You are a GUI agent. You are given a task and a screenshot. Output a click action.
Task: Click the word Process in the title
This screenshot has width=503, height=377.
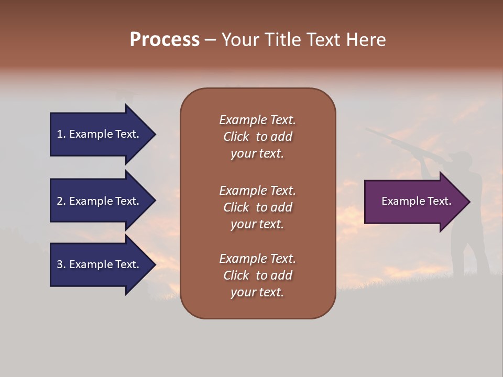coord(165,40)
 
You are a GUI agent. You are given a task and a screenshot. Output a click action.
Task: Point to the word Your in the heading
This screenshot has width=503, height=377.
coord(241,40)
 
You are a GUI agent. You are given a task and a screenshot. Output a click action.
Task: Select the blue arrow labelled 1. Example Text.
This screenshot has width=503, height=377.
coord(100,134)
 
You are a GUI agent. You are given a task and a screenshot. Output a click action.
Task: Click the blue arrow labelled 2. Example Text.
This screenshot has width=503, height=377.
coord(100,201)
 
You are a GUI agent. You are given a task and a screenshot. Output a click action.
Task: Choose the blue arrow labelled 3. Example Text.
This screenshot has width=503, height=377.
coord(100,264)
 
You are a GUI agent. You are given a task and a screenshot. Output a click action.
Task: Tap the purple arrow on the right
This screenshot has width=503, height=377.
coord(414,202)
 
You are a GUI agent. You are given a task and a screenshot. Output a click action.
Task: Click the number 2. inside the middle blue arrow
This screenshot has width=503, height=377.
coord(61,201)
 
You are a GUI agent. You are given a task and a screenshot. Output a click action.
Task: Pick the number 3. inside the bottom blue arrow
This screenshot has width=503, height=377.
coord(61,264)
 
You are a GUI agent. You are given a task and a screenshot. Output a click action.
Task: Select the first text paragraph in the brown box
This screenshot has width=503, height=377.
coord(257,137)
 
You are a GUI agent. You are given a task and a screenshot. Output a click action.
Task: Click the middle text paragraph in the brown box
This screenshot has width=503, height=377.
coord(257,207)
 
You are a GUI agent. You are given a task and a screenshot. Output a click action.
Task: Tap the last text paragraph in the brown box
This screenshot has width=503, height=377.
coord(257,275)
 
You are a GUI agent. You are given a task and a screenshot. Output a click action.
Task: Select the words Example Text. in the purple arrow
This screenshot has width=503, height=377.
coord(416,201)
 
